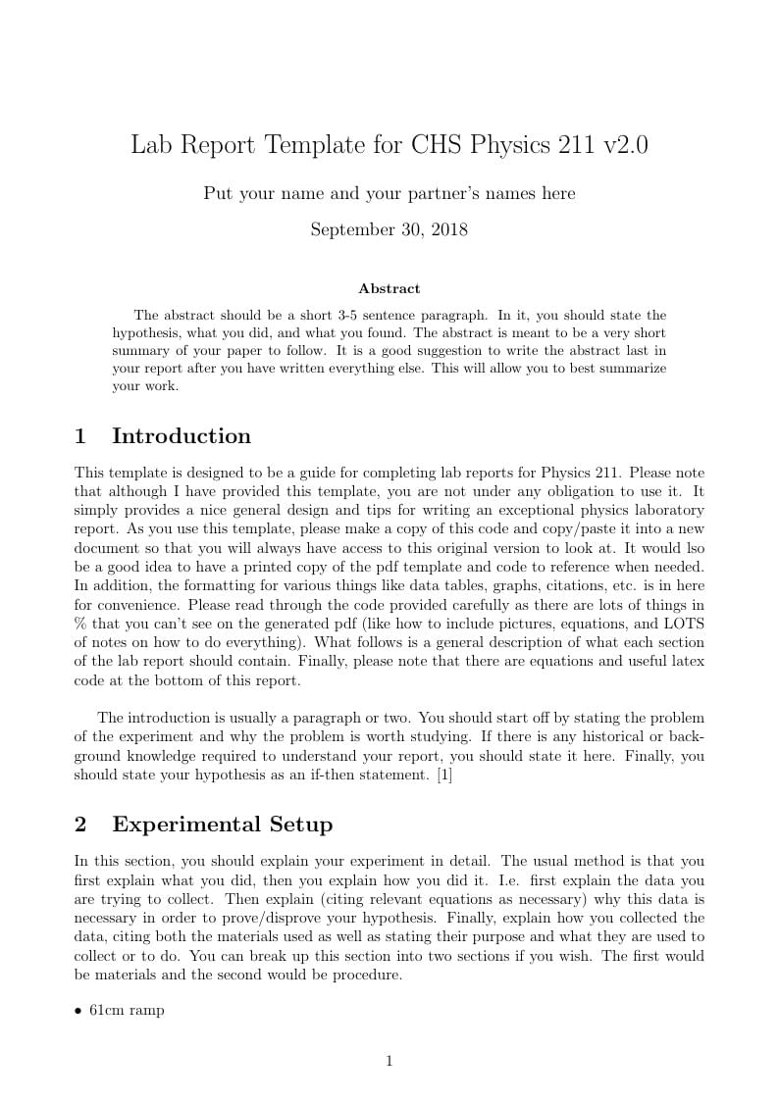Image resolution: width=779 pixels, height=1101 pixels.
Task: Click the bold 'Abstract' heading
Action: click(389, 289)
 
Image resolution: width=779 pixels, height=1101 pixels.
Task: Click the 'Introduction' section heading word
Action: click(182, 436)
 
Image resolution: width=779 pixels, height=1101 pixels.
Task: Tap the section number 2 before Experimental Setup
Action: click(80, 825)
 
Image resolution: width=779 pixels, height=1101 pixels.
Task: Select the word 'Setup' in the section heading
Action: click(295, 825)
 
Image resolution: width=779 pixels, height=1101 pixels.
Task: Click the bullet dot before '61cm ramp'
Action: click(78, 1011)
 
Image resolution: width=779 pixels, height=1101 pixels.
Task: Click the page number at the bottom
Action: click(389, 1061)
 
